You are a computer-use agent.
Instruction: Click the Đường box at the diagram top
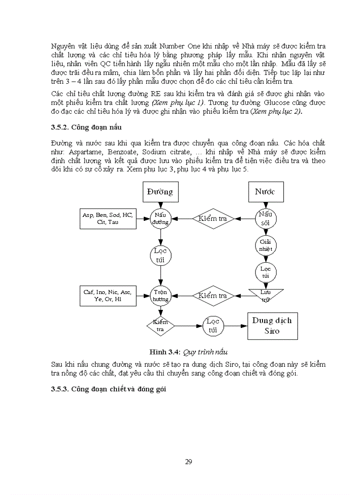point(160,192)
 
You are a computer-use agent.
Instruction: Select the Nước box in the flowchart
point(265,192)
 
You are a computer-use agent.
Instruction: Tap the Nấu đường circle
point(160,218)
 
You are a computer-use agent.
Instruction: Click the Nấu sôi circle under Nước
point(265,218)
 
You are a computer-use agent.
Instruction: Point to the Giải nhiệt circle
point(265,245)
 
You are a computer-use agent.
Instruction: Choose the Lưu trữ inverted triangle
point(265,295)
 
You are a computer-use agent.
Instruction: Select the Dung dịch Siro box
point(272,326)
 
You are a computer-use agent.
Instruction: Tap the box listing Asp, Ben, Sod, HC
point(108,218)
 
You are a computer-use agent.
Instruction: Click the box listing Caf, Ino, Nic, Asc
point(108,295)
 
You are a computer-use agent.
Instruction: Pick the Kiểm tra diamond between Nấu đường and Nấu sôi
point(213,218)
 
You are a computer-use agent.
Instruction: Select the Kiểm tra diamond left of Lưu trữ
point(213,295)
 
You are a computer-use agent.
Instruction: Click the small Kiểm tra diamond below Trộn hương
point(160,326)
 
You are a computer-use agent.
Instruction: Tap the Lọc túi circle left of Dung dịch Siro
point(213,326)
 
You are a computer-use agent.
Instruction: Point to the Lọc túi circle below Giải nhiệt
point(265,272)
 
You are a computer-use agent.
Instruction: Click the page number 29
point(188,462)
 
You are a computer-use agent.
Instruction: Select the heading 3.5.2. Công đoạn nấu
point(86,127)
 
